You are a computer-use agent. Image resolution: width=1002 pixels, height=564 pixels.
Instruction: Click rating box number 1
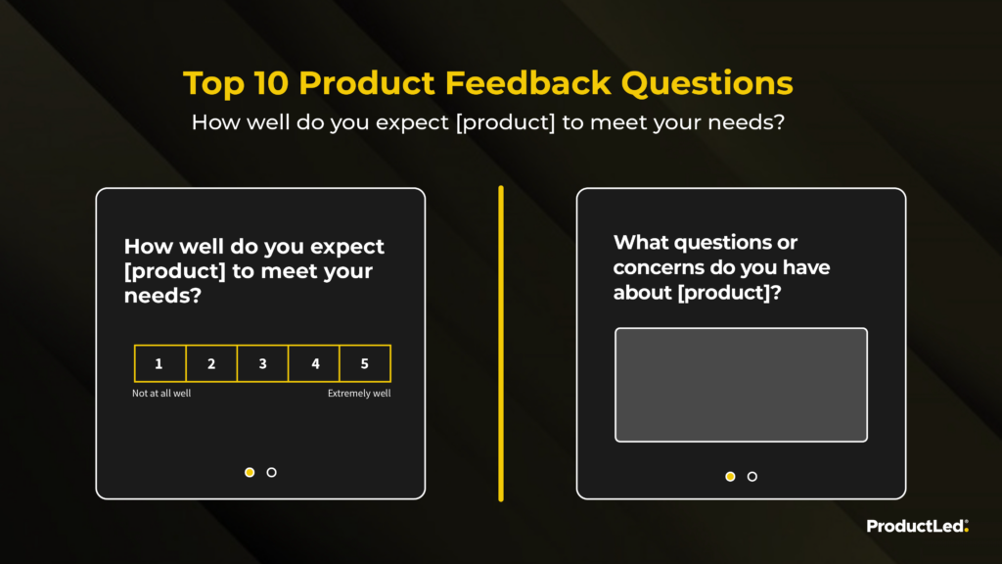tap(159, 363)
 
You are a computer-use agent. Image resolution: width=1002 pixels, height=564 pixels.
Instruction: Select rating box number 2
tap(211, 363)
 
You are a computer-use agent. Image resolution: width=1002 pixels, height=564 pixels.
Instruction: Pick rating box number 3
tap(262, 363)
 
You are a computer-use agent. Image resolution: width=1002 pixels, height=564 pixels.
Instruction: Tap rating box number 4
tap(314, 363)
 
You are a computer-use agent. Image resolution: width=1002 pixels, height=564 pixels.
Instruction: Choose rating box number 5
tap(365, 363)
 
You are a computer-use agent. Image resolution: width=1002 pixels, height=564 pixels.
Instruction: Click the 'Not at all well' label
tap(161, 394)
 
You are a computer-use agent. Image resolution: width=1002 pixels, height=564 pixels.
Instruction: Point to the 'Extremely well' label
tap(359, 394)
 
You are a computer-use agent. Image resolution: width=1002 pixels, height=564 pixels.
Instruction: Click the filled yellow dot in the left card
tap(250, 473)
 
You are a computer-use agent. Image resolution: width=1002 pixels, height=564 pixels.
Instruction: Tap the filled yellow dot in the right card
tap(730, 477)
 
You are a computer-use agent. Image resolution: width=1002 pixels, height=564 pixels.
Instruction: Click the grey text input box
tap(742, 385)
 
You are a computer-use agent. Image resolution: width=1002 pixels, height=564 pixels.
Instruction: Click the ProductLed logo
tap(918, 526)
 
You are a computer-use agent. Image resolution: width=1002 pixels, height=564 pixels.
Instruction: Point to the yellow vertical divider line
tap(501, 344)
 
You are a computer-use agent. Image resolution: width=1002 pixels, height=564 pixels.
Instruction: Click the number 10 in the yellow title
tap(271, 83)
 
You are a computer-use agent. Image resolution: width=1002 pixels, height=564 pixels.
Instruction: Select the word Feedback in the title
tap(527, 83)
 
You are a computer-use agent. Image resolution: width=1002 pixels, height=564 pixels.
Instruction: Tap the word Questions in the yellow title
tap(706, 83)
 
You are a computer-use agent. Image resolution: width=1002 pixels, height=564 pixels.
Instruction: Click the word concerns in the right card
tap(659, 267)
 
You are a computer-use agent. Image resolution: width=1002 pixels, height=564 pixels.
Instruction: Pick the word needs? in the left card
tap(163, 296)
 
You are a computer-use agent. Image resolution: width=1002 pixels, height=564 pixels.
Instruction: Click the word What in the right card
tap(641, 243)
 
